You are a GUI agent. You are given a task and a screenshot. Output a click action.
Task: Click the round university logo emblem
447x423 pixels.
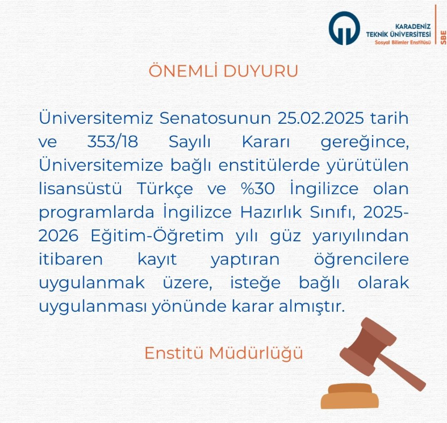pyautogui.click(x=344, y=28)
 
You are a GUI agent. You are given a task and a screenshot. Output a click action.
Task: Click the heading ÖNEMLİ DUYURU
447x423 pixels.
pyautogui.click(x=223, y=70)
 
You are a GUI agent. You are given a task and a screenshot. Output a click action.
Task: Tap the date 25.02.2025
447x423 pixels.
pyautogui.click(x=321, y=118)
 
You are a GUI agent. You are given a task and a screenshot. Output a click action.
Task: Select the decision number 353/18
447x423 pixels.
pyautogui.click(x=112, y=142)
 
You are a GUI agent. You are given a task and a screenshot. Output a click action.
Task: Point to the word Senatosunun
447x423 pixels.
pyautogui.click(x=215, y=118)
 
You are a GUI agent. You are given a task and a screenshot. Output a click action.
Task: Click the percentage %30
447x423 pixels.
pyautogui.click(x=258, y=189)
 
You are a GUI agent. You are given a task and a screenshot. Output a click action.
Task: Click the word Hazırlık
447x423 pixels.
pyautogui.click(x=271, y=212)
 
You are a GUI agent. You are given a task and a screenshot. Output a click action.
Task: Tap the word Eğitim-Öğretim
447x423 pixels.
pyautogui.click(x=157, y=236)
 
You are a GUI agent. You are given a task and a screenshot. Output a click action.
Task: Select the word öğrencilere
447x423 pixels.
pyautogui.click(x=361, y=259)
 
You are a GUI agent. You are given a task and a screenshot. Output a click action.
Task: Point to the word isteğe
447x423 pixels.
pyautogui.click(x=256, y=283)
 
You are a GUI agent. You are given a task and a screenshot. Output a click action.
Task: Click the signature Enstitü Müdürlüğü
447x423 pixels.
pyautogui.click(x=224, y=353)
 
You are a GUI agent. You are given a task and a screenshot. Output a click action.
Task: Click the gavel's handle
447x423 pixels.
pyautogui.click(x=402, y=372)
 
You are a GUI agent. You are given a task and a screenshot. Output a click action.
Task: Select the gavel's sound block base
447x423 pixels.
pyautogui.click(x=350, y=396)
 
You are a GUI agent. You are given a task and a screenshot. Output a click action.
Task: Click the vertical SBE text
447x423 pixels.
pyautogui.click(x=443, y=37)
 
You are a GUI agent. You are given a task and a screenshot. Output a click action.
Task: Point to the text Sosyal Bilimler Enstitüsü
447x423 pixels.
pyautogui.click(x=403, y=43)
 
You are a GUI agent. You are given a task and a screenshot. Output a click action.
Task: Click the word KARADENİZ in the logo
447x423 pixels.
pyautogui.click(x=413, y=27)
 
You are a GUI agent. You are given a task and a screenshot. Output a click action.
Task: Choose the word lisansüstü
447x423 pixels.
pyautogui.click(x=80, y=189)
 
